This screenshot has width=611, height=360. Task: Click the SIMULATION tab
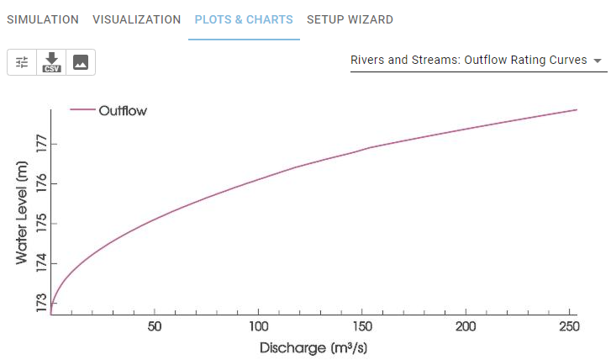43,19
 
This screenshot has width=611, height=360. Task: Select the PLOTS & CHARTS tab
244,19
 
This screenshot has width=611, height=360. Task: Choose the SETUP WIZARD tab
350,19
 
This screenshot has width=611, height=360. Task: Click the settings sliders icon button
22,62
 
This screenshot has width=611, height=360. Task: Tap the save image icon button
81,62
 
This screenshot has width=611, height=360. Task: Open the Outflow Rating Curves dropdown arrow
598,61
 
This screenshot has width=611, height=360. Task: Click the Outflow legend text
123,110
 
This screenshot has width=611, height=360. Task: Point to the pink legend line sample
82,110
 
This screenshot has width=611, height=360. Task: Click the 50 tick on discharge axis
155,326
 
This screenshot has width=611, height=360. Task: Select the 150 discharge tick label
362,326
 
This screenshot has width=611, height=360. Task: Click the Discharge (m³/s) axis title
313,347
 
